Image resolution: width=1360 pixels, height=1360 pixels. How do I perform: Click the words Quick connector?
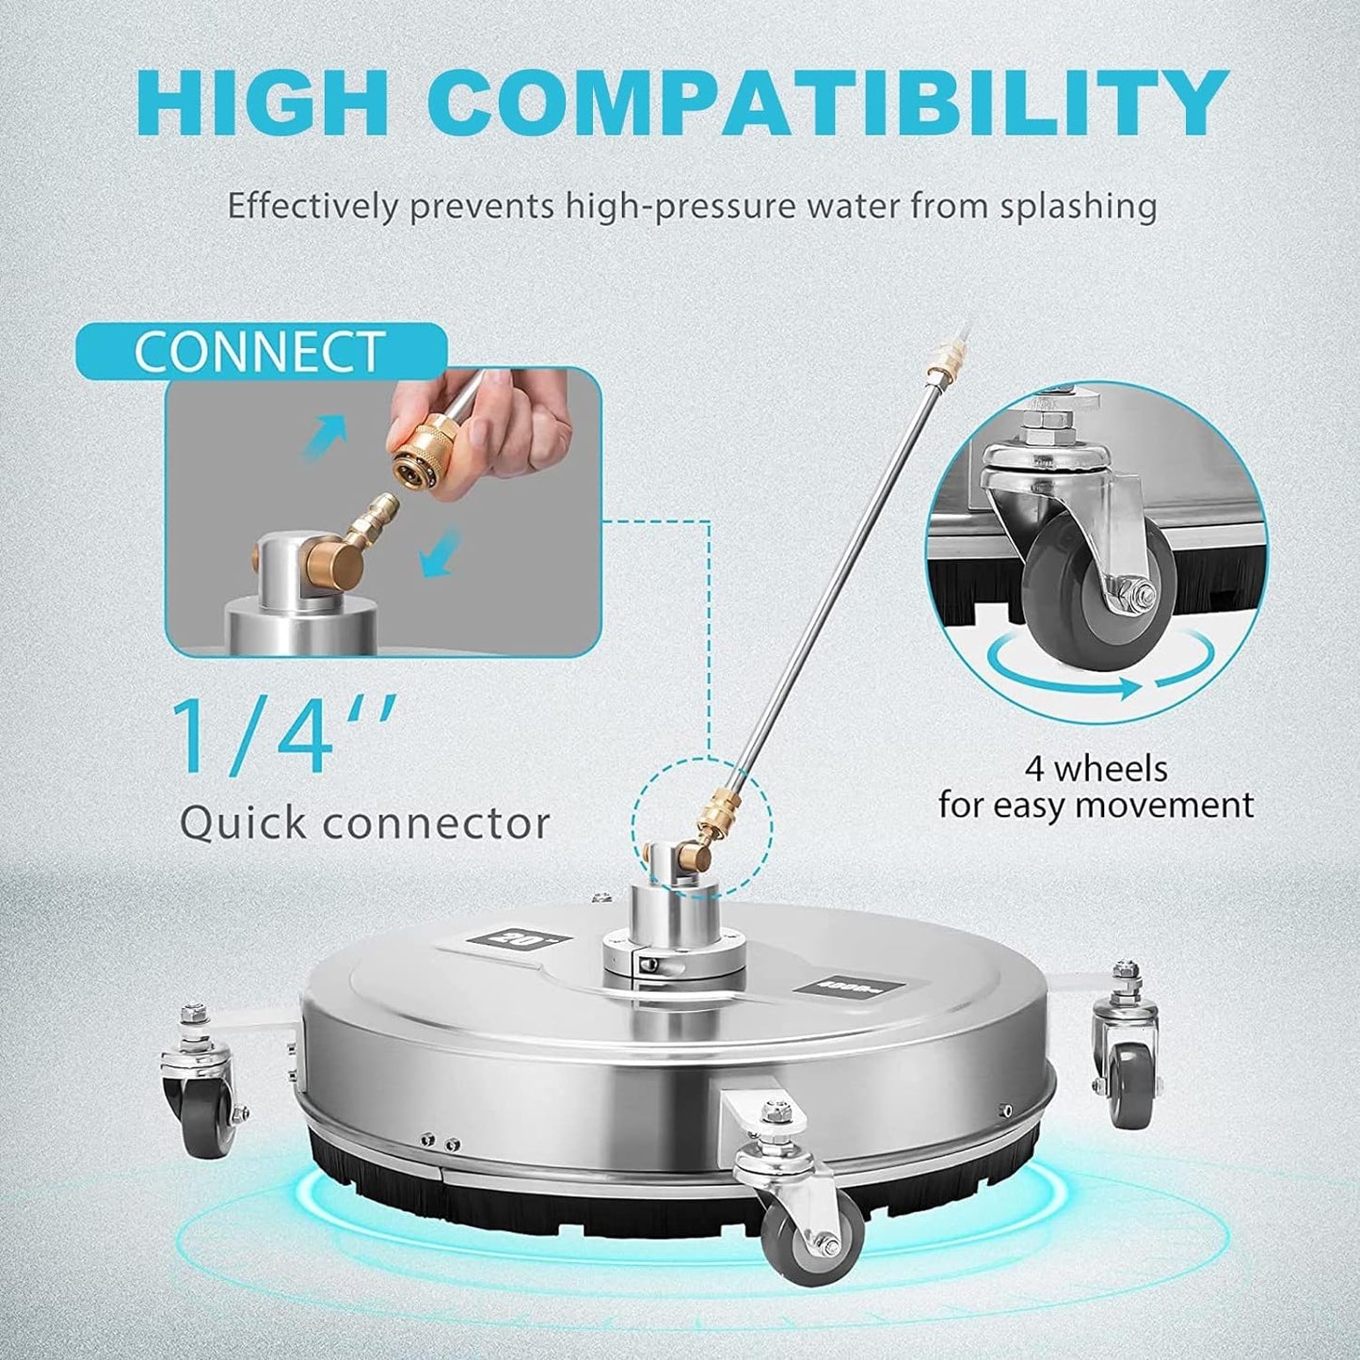pyautogui.click(x=364, y=824)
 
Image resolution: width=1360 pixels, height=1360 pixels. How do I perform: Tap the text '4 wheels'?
pyautogui.click(x=1096, y=769)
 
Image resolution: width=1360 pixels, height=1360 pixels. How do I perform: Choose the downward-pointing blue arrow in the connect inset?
pyautogui.click(x=441, y=555)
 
